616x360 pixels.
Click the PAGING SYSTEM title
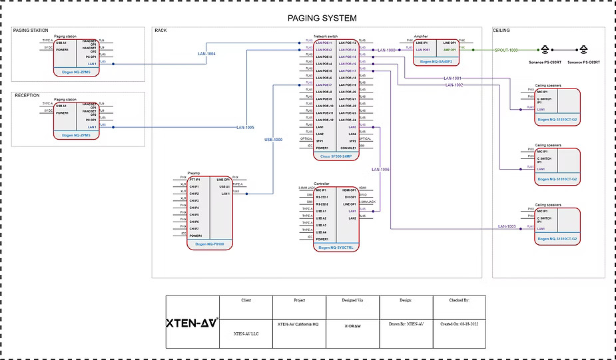coord(322,18)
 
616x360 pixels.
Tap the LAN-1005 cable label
coord(245,127)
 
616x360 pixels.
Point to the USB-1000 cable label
coord(273,140)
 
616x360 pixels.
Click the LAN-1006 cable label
coord(380,170)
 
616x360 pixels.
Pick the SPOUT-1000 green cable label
coord(506,50)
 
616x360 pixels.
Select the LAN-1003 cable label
coord(507,227)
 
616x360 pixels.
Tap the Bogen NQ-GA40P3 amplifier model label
coord(436,61)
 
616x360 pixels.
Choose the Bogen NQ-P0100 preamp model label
coord(210,244)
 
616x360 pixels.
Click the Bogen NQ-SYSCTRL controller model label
coord(336,247)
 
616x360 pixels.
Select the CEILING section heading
coord(501,31)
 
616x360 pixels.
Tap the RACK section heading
coord(160,31)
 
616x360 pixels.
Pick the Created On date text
coord(460,324)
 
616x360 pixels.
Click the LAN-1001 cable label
coord(452,79)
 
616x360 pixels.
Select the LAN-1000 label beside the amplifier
coord(386,50)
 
